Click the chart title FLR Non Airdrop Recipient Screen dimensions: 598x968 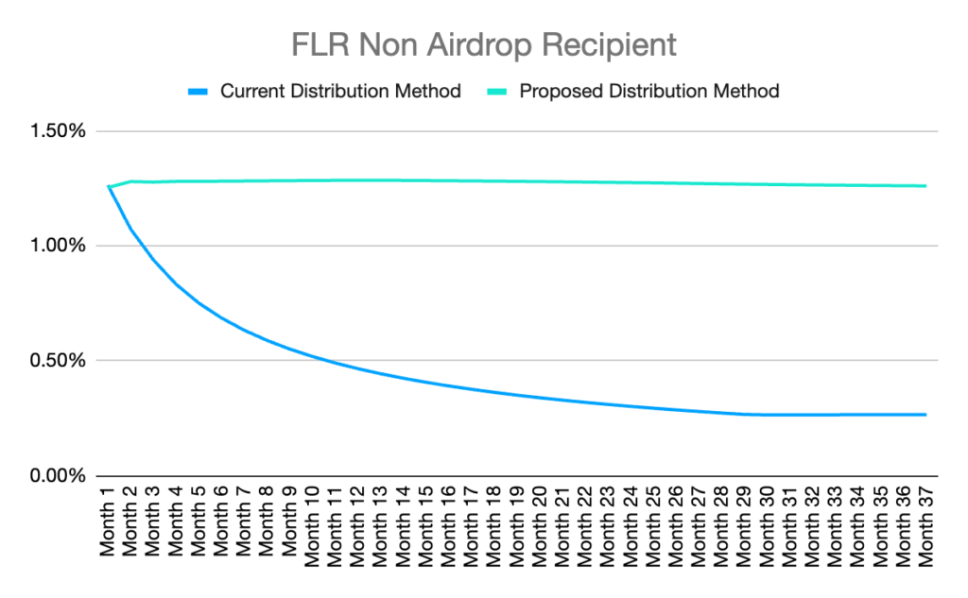[x=483, y=44]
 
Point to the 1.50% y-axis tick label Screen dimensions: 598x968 [x=58, y=131]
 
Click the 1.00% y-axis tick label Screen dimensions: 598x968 [x=58, y=246]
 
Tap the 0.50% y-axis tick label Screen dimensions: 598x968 [x=58, y=361]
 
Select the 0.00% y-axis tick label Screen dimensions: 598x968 [x=58, y=475]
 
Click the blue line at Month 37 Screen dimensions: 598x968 [x=925, y=415]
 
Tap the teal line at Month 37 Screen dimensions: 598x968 [x=925, y=186]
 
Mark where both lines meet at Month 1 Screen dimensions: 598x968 [x=110, y=187]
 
